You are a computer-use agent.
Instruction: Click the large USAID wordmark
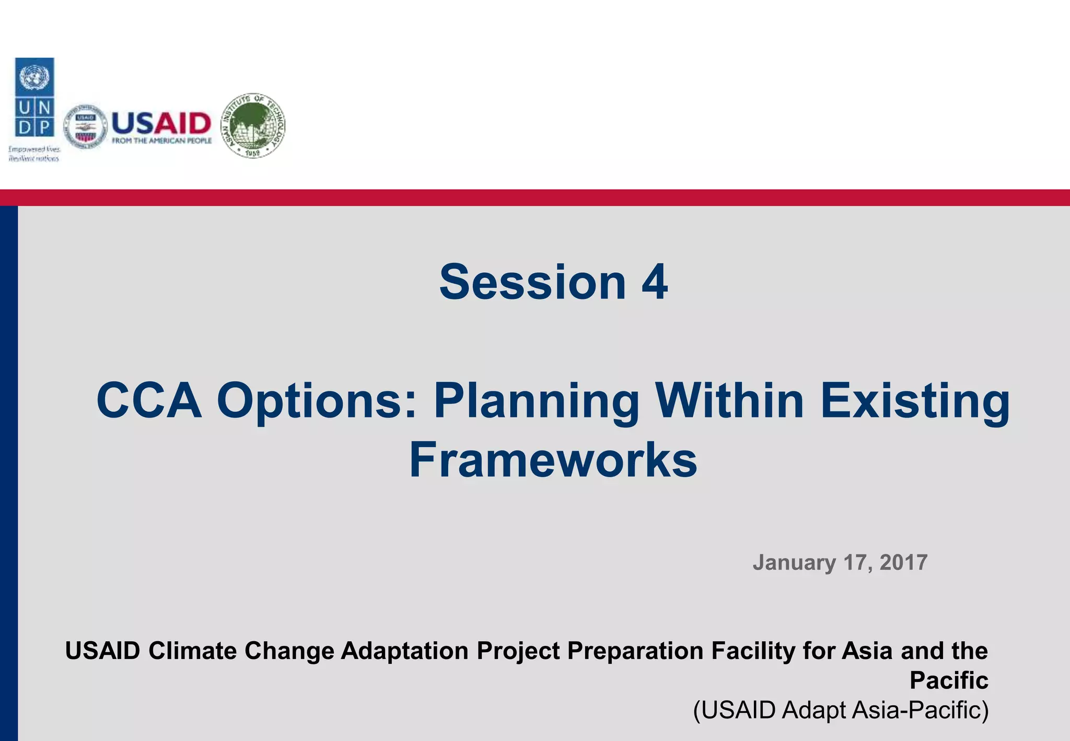coord(161,123)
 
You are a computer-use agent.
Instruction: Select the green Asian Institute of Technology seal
coord(253,126)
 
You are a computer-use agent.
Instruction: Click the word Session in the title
coord(532,282)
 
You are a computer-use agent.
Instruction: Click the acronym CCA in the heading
coord(149,401)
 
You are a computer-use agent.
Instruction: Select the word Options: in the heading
coord(317,401)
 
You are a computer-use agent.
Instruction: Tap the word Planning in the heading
coord(537,401)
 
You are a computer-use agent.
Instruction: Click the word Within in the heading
coord(729,401)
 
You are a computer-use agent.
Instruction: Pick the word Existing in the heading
coord(915,401)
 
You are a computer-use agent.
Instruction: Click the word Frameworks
coord(553,460)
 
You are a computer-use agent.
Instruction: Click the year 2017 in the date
coord(903,563)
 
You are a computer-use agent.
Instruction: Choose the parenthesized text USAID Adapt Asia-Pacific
coord(841,710)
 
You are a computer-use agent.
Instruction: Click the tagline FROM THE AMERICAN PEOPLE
coord(162,141)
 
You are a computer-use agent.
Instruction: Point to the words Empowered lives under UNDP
coord(34,149)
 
